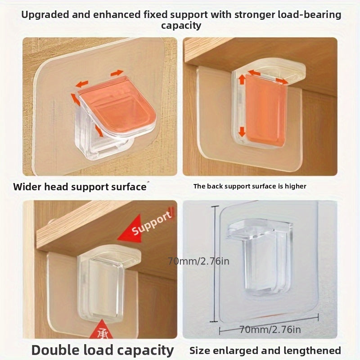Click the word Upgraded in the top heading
tap(45, 15)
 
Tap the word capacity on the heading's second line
tap(181, 26)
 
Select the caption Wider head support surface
tap(80, 187)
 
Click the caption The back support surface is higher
tap(250, 186)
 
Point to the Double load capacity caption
tap(103, 350)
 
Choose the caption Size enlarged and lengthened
tap(265, 351)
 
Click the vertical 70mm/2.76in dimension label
tap(198, 261)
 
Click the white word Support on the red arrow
tap(152, 224)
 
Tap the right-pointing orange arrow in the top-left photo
tap(117, 73)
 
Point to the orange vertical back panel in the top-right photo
tap(266, 110)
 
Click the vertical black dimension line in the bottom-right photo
tap(215, 264)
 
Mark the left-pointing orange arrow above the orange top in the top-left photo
tap(82, 84)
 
